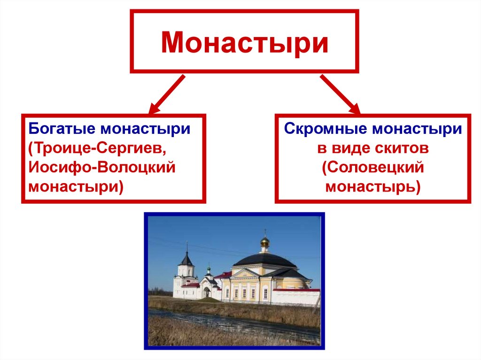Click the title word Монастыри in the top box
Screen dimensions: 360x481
click(x=244, y=42)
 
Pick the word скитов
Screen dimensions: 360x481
click(x=399, y=148)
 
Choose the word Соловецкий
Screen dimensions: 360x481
click(x=373, y=168)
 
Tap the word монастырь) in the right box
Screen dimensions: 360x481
click(x=373, y=187)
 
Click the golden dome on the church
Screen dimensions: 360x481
click(x=265, y=242)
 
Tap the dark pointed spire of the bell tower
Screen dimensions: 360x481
click(x=187, y=258)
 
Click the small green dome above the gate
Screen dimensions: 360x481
click(x=209, y=271)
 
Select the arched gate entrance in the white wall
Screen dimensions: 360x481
click(x=206, y=292)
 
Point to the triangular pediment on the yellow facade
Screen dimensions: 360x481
click(x=246, y=273)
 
